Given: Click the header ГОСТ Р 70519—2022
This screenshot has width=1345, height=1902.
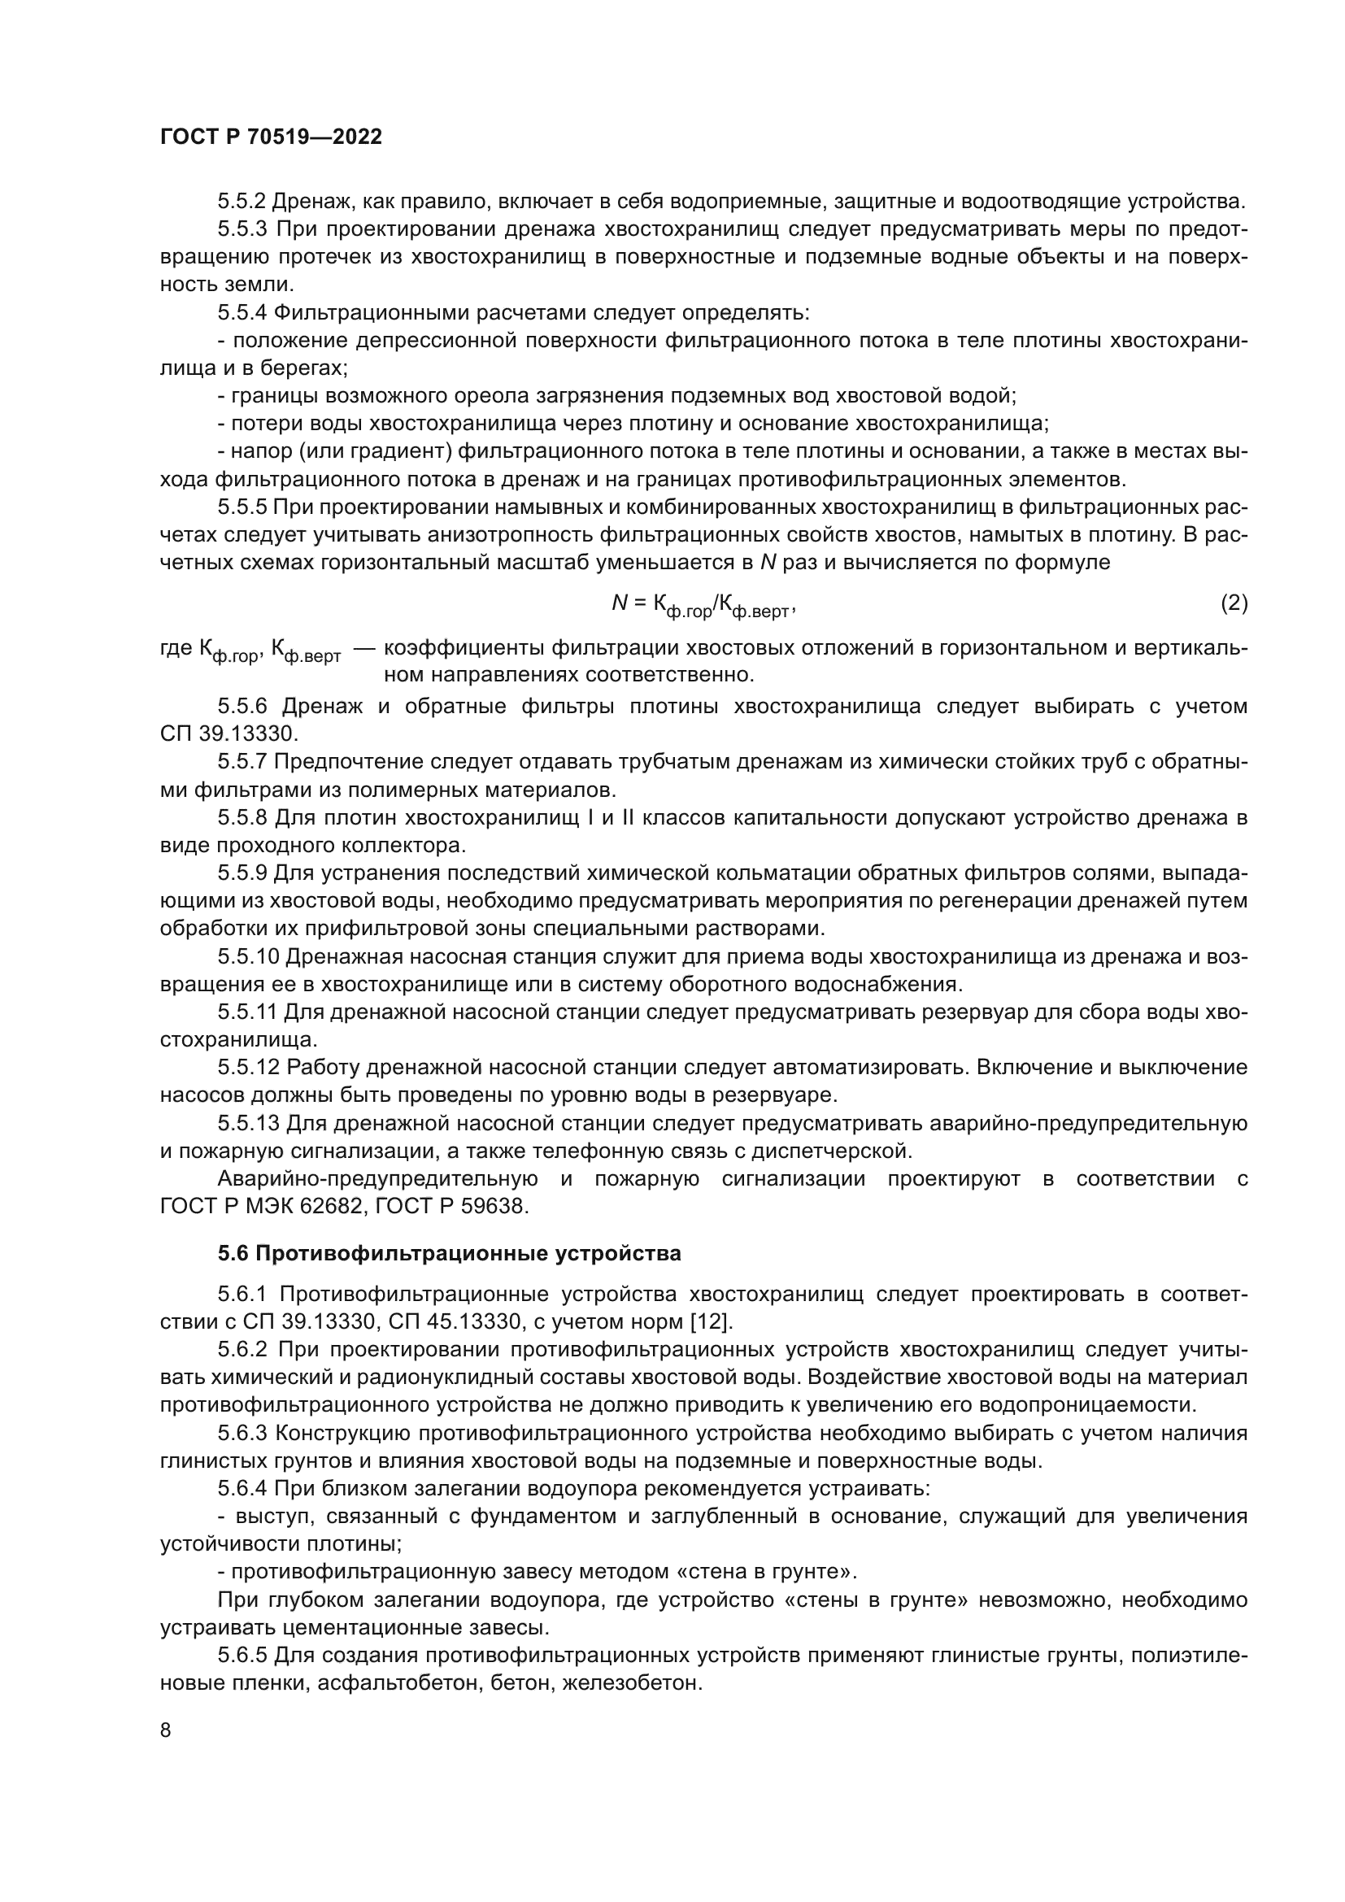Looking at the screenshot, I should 271,137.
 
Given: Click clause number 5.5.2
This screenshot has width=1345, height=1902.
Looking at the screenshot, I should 242,202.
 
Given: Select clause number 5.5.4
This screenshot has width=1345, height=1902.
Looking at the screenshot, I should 242,312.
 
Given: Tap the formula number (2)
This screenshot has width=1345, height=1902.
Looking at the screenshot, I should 1234,603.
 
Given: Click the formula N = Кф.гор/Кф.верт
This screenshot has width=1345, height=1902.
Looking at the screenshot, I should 703,606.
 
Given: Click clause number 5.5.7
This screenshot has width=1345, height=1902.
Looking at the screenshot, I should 242,761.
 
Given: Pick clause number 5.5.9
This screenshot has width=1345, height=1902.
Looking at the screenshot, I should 242,873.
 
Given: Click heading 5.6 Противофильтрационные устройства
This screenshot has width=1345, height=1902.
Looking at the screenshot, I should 449,1253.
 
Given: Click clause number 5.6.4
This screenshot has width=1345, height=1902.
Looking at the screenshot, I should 242,1489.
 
